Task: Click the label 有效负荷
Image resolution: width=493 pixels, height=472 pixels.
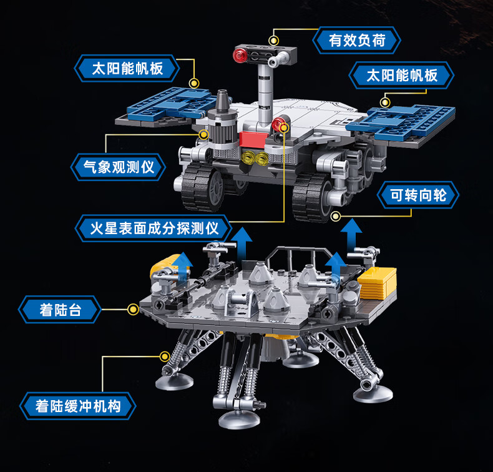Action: tap(356, 40)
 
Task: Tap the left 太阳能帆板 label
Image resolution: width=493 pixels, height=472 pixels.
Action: tap(127, 68)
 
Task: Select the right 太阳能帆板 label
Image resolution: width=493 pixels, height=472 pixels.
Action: tap(401, 76)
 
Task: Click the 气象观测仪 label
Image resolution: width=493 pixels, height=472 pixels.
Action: tap(118, 167)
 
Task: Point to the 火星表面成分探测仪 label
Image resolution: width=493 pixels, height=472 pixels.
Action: tap(154, 228)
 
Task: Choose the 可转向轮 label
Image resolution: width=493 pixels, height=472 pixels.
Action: tap(418, 195)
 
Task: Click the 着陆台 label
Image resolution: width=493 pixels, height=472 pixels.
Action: tap(60, 310)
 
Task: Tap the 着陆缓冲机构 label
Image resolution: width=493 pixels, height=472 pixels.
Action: tap(77, 406)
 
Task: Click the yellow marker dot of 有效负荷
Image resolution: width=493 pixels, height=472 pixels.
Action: tap(274, 41)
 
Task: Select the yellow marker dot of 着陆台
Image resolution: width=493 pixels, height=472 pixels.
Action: tap(133, 310)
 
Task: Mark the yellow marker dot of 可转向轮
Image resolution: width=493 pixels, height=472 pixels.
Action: tap(336, 216)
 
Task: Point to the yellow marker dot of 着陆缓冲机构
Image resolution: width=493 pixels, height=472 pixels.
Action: tap(165, 356)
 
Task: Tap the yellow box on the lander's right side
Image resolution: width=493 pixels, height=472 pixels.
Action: tap(377, 283)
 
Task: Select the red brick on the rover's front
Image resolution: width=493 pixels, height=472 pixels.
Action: tap(254, 139)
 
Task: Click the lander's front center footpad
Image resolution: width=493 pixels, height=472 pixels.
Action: tap(240, 420)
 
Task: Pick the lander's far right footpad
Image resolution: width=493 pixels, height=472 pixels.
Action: tap(373, 393)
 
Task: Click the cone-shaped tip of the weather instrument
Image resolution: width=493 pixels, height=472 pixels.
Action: tap(222, 100)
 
